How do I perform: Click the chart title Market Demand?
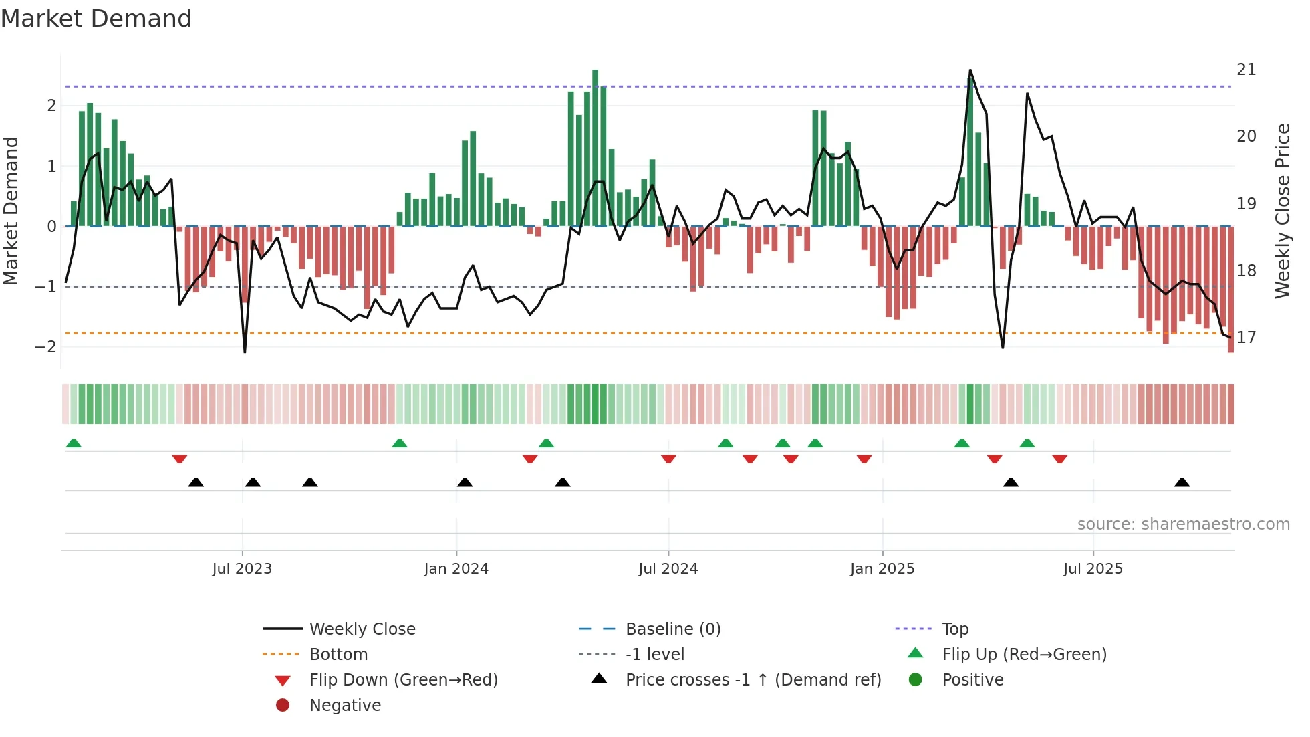(96, 19)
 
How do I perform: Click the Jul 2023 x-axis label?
(242, 569)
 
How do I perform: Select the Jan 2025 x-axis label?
(882, 569)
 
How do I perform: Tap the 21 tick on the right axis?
(1246, 70)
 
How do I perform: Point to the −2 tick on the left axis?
(45, 346)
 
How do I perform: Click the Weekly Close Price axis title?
(1282, 211)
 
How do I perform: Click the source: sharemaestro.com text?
(1183, 524)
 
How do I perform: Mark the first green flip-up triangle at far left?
(74, 443)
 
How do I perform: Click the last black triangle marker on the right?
(1182, 482)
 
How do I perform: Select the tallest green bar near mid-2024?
(595, 147)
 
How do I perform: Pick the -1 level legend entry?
(654, 654)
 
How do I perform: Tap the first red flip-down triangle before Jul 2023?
(179, 459)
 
